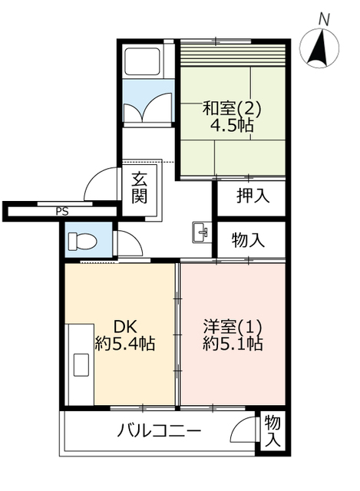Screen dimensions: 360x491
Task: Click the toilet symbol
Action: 83,241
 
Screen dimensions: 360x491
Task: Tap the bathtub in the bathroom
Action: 143,61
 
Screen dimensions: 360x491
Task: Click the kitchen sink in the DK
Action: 81,364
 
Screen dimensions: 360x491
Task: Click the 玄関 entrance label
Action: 139,188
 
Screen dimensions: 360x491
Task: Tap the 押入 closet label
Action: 253,196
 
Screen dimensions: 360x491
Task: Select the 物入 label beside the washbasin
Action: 248,240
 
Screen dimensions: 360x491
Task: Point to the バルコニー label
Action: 159,431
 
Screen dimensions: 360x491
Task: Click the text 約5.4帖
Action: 125,344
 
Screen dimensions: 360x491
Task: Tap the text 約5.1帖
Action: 233,344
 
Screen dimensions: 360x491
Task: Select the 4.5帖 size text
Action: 232,126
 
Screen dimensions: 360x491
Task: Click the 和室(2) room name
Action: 232,109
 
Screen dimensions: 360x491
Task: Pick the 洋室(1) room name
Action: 233,327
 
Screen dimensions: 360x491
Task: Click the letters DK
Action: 125,328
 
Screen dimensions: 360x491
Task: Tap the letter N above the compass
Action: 324,21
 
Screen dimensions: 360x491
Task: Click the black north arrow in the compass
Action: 320,48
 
